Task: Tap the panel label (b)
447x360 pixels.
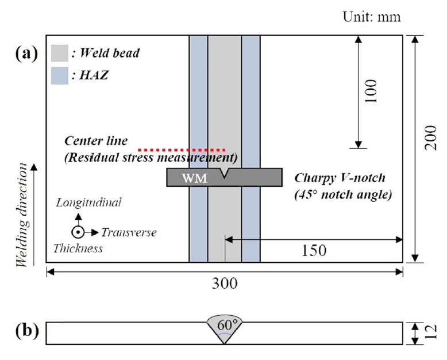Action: pyautogui.click(x=27, y=331)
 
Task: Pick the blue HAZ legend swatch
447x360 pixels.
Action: pyautogui.click(x=60, y=75)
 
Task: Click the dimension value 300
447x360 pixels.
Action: pyautogui.click(x=223, y=284)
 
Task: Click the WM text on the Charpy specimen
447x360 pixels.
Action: pyautogui.click(x=195, y=178)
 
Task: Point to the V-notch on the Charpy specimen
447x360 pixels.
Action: pyautogui.click(x=224, y=173)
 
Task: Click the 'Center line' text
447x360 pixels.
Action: pyautogui.click(x=96, y=141)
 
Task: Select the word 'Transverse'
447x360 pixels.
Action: pyautogui.click(x=129, y=232)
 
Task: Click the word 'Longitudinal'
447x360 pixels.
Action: pyautogui.click(x=88, y=202)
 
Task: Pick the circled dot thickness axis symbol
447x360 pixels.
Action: pyautogui.click(x=79, y=232)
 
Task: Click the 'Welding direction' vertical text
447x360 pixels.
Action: pyautogui.click(x=22, y=215)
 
